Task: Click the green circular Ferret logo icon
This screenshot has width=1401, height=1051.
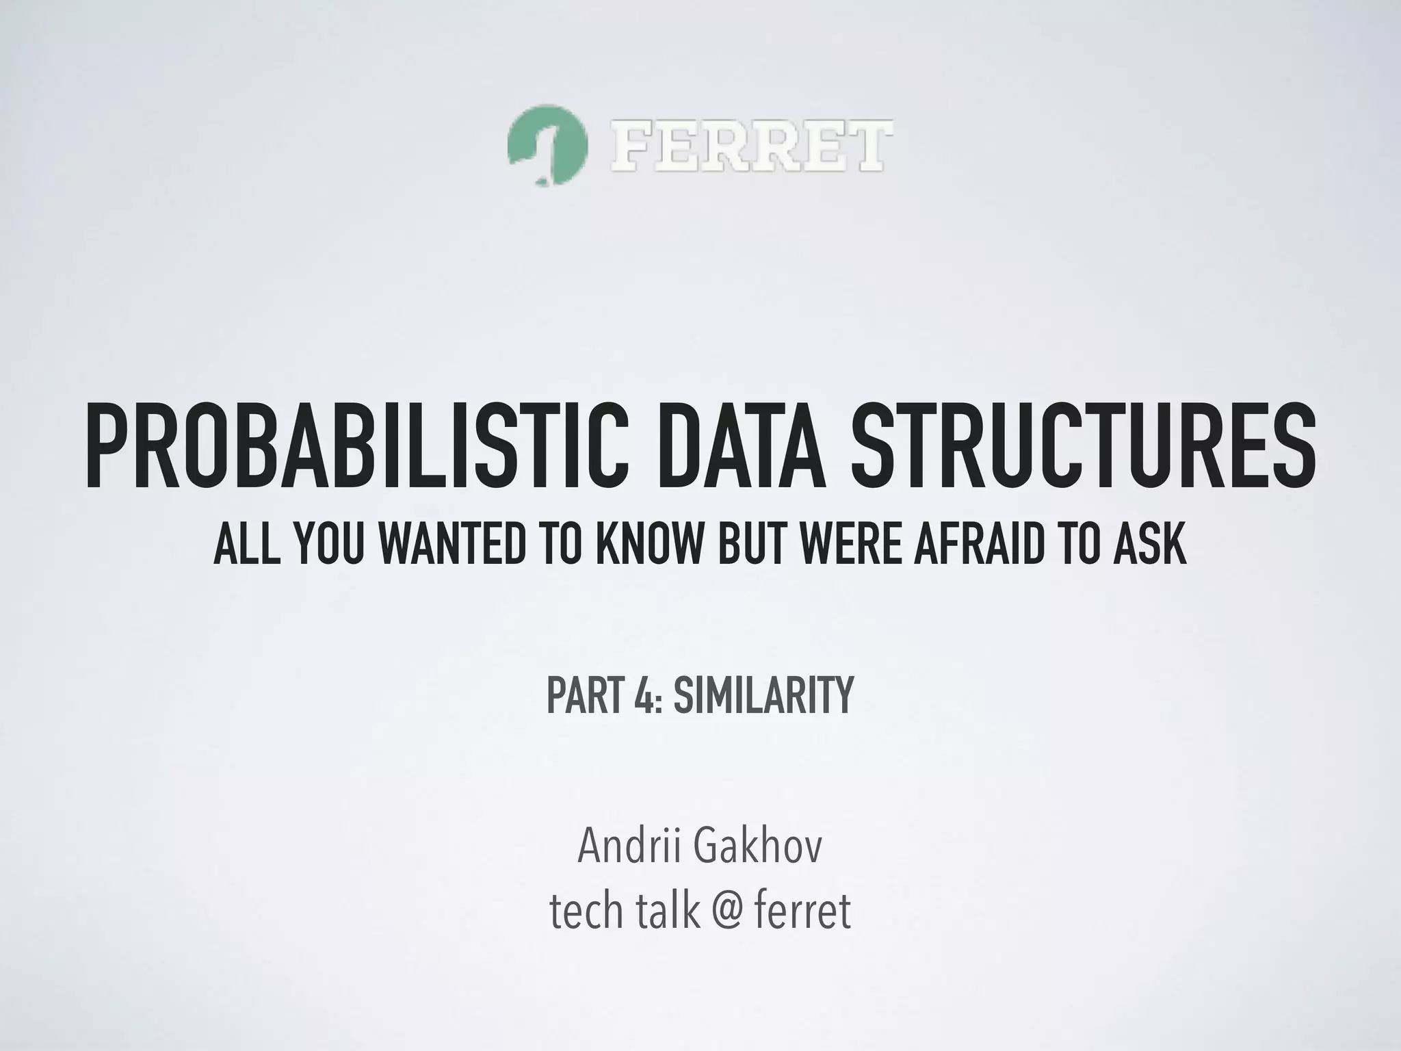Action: [x=547, y=145]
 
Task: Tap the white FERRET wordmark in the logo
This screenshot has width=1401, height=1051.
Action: [x=751, y=145]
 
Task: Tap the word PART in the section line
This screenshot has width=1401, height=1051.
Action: [x=586, y=695]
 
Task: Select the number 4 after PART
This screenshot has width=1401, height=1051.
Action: [x=649, y=695]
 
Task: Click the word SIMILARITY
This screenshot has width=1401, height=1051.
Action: [x=763, y=695]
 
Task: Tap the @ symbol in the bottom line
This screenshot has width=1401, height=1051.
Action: [x=718, y=911]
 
